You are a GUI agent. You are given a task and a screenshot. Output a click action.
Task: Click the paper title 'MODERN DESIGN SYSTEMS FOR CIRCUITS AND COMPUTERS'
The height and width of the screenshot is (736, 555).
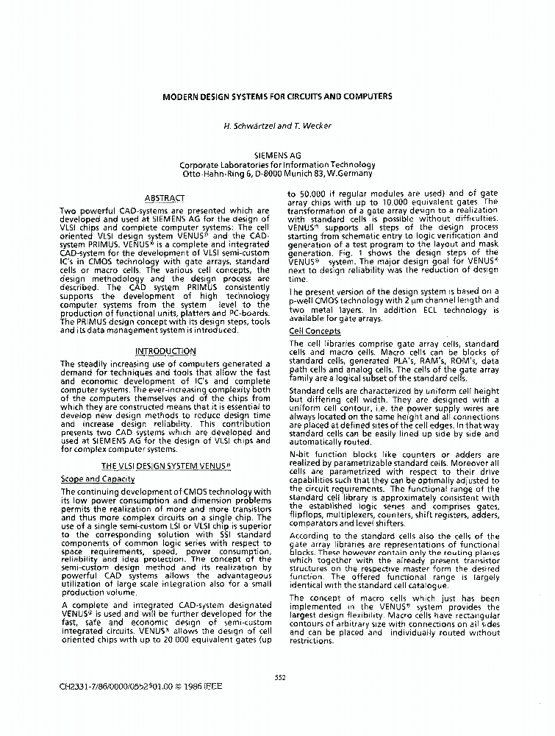coord(277,96)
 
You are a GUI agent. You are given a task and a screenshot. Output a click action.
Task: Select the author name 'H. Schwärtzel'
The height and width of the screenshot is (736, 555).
coord(249,126)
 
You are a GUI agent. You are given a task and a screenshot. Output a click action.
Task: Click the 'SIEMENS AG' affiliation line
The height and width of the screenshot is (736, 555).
coord(277,156)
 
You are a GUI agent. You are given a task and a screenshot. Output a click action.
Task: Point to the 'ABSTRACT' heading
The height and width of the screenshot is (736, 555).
coord(165,198)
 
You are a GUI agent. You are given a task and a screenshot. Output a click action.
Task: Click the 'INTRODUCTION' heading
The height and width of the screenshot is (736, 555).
coord(165,352)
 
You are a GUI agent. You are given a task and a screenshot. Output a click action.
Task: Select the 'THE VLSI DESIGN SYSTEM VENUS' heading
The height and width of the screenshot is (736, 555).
coord(165,466)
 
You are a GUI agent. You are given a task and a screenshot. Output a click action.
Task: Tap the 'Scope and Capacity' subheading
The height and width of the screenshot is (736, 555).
coord(92,479)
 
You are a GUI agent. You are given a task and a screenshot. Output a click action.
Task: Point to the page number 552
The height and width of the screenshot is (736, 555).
coord(279,677)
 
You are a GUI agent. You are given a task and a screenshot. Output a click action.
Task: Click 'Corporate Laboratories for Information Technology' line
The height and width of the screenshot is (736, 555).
coord(277,165)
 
